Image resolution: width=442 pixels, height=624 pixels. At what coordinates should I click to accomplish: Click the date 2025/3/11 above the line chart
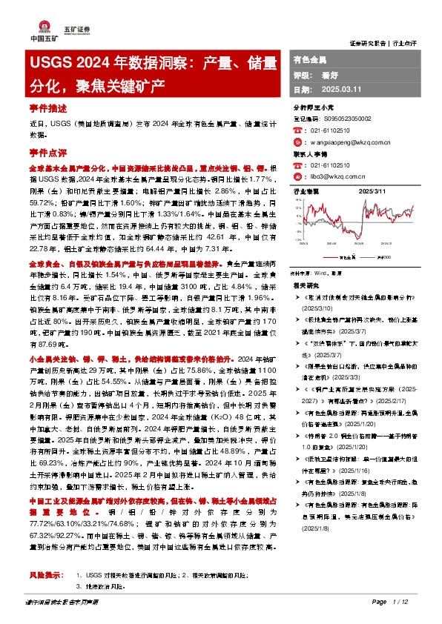372,191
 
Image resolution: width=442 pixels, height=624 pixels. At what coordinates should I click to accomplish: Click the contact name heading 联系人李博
311,153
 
